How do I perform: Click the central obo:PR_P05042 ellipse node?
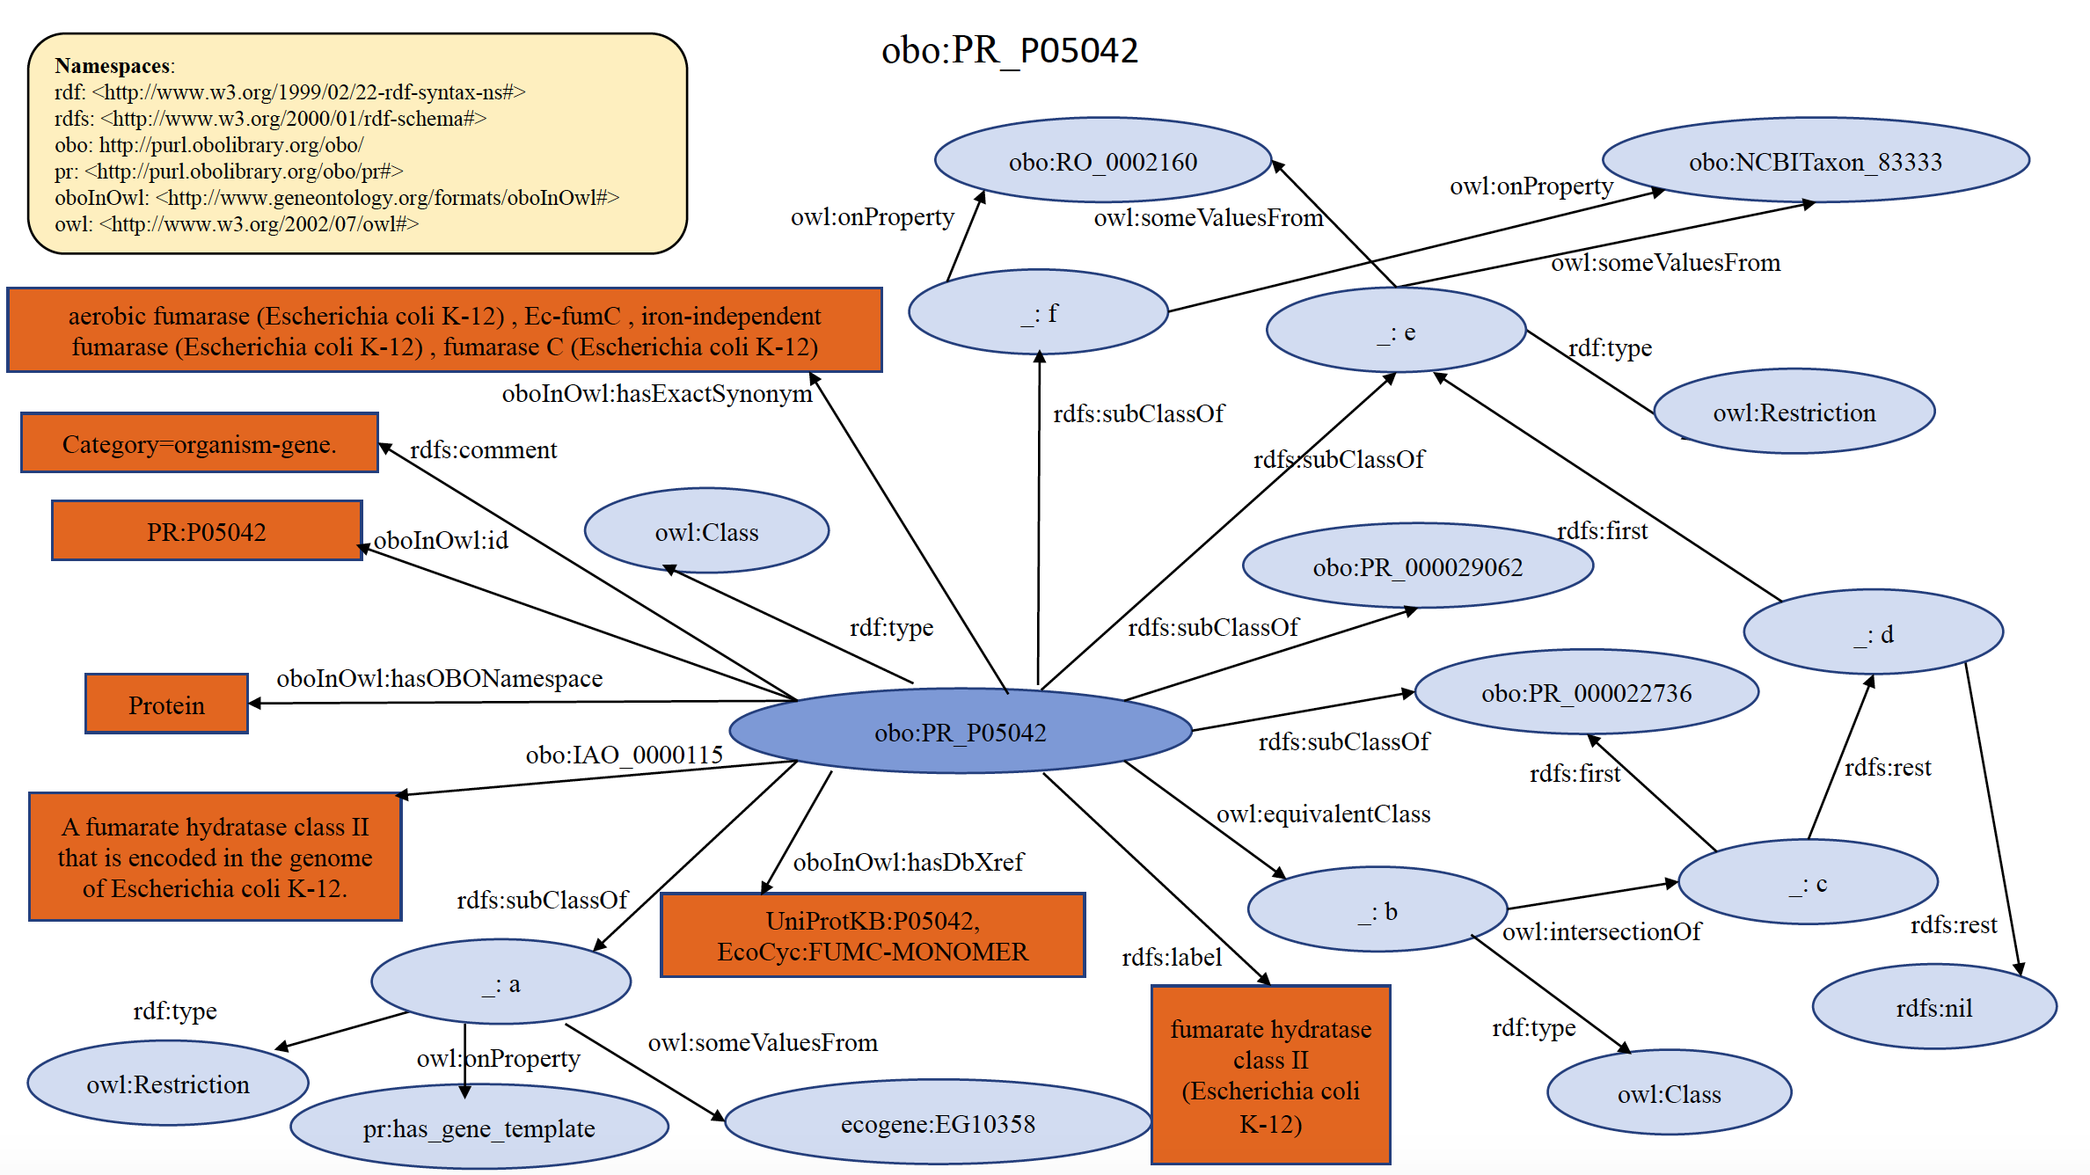(x=960, y=732)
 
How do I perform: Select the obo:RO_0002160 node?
(x=1102, y=162)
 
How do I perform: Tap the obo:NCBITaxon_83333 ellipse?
(x=1815, y=162)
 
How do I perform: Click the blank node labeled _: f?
(x=1038, y=313)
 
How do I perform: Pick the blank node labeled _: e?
(x=1395, y=332)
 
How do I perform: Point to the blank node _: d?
(x=1873, y=633)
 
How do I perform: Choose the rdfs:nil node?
(x=1933, y=1008)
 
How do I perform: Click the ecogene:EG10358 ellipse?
(x=938, y=1124)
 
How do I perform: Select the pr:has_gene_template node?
(x=479, y=1128)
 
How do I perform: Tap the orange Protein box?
(x=166, y=704)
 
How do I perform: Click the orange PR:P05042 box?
(x=206, y=531)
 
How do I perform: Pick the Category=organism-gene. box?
(x=199, y=444)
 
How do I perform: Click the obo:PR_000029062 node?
(x=1417, y=567)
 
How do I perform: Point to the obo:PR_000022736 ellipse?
(x=1586, y=693)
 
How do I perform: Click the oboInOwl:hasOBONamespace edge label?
(x=439, y=678)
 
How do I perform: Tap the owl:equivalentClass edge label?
(x=1323, y=814)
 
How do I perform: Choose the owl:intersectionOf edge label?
(x=1601, y=931)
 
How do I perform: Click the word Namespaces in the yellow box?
(x=113, y=66)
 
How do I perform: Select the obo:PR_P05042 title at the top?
(x=1009, y=50)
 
